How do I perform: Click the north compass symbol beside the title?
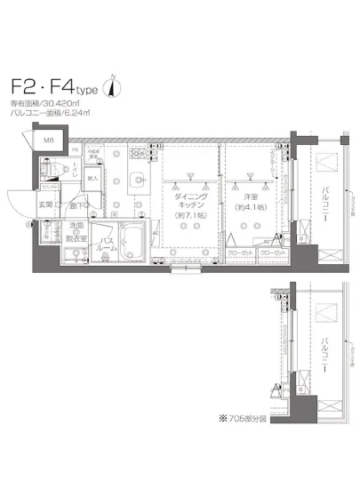pyautogui.click(x=111, y=86)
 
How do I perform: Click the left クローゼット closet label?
pyautogui.click(x=241, y=253)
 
